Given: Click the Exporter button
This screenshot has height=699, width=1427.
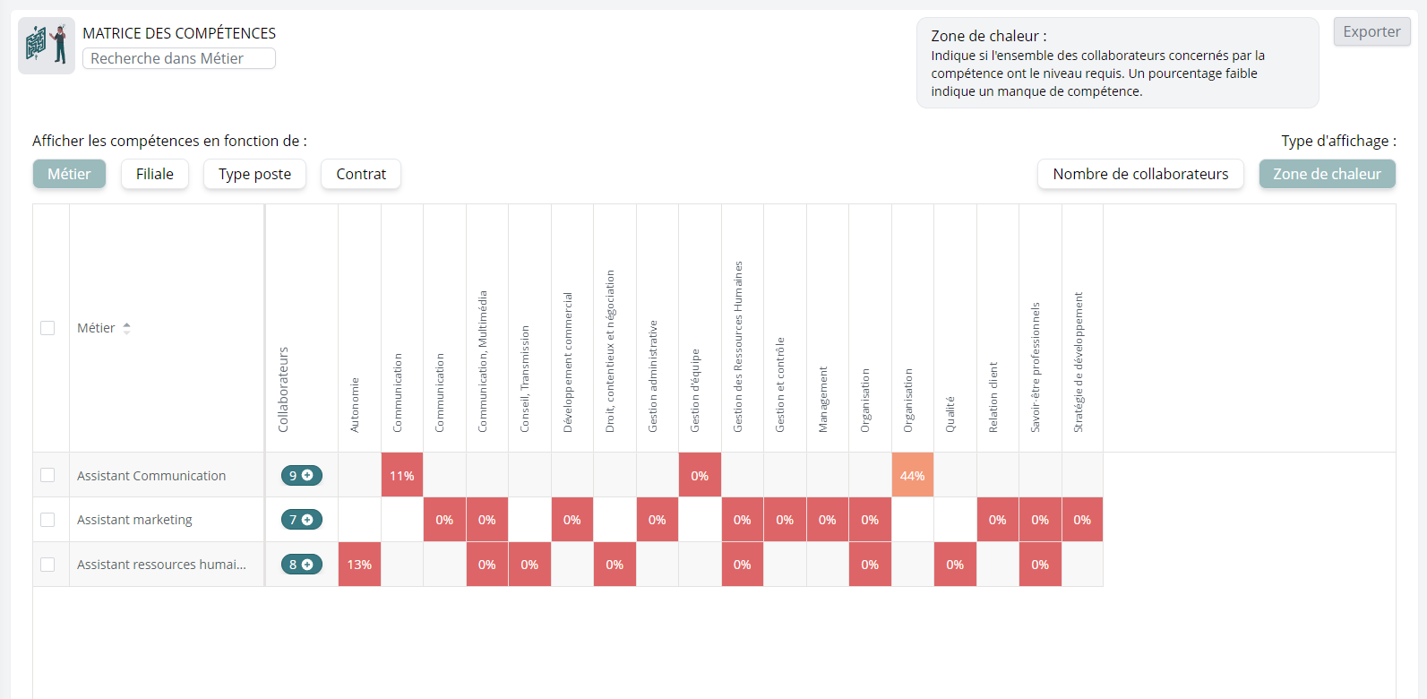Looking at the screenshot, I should click(x=1371, y=31).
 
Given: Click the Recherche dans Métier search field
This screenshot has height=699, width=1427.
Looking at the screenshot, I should click(x=179, y=58).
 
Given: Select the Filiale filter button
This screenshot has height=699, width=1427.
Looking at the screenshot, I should click(x=155, y=174).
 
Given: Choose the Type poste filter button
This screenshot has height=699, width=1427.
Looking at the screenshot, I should click(x=254, y=174).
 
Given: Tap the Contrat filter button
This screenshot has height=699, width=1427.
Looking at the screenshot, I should click(x=361, y=174).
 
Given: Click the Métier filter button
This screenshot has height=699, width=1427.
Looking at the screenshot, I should click(x=69, y=174).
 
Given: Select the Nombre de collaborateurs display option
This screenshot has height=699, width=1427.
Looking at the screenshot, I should click(x=1140, y=174).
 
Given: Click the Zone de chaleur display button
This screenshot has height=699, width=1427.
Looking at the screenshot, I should click(x=1327, y=174).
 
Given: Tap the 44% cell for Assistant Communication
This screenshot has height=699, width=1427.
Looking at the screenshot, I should click(x=912, y=475).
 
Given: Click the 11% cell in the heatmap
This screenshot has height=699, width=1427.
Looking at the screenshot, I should click(x=402, y=475).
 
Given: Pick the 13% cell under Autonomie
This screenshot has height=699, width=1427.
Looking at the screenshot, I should click(x=359, y=565).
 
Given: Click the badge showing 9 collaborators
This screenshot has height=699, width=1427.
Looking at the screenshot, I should click(x=301, y=475).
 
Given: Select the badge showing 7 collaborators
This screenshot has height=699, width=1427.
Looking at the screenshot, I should click(x=301, y=520).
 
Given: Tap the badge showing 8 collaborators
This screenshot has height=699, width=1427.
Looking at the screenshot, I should click(x=301, y=565).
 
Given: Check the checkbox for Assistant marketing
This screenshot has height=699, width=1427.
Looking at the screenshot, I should click(x=47, y=520).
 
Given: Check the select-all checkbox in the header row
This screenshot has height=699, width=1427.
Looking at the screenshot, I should click(x=47, y=328).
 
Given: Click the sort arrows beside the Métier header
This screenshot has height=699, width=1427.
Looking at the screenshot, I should click(x=126, y=328).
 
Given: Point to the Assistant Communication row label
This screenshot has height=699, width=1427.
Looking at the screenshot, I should click(x=151, y=476).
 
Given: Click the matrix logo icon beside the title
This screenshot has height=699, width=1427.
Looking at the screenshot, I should click(x=47, y=45).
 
